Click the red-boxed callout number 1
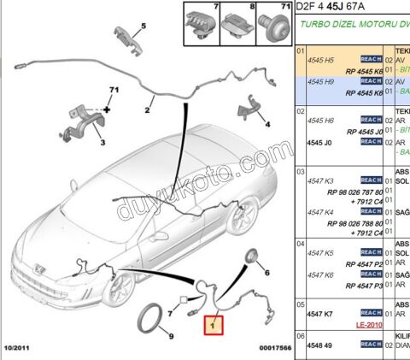[x=211, y=325]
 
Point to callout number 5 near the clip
[x=143, y=26]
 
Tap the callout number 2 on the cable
[x=148, y=109]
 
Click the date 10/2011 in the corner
[x=19, y=348]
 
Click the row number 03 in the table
[x=300, y=171]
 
